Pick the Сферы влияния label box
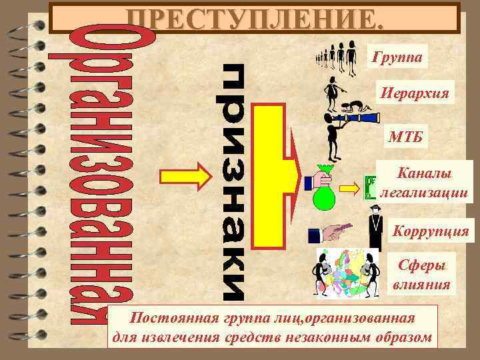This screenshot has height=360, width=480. pos(422,275)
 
